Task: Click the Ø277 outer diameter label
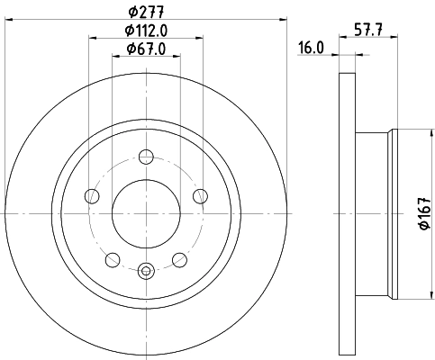coord(146,12)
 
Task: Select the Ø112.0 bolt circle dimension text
coord(146,31)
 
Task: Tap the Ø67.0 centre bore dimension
coord(146,49)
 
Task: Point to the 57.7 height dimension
coord(368,30)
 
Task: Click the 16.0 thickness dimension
coord(311,48)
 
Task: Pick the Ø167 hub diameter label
coord(426,213)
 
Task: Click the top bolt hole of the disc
coord(146,157)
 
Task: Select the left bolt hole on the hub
coord(92,196)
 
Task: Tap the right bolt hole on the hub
coord(200,196)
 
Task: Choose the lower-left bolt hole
coord(113,260)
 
